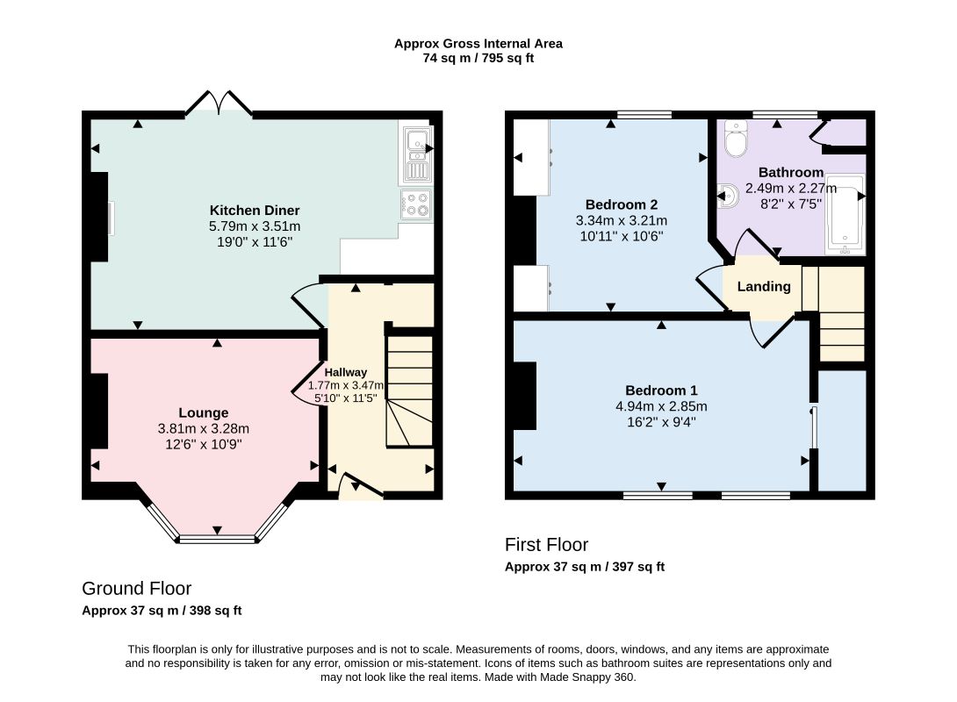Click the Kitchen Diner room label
tap(255, 211)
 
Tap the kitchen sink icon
tap(417, 154)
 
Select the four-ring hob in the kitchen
tap(417, 204)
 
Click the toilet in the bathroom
tap(736, 139)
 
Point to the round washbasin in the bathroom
tap(730, 197)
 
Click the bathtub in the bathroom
tap(845, 215)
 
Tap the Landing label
tap(764, 287)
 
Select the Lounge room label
tap(203, 413)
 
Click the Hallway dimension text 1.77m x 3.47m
tap(345, 385)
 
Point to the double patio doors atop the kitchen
tap(219, 103)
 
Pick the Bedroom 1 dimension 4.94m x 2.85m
tap(662, 406)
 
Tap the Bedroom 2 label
tap(622, 204)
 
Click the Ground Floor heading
tap(137, 588)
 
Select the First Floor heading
tap(546, 544)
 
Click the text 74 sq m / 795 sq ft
tap(478, 59)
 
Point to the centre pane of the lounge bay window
tap(217, 539)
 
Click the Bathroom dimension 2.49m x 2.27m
tap(791, 189)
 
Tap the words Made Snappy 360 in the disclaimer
tap(586, 677)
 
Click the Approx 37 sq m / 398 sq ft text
tap(162, 611)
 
